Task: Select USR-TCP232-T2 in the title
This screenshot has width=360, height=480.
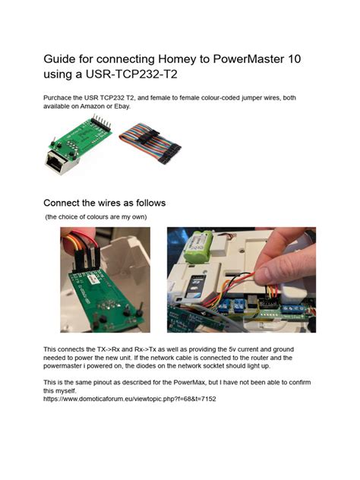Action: pyautogui.click(x=131, y=74)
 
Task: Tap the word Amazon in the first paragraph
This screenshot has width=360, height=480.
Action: pyautogui.click(x=92, y=106)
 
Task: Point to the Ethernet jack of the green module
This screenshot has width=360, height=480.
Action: pyautogui.click(x=59, y=163)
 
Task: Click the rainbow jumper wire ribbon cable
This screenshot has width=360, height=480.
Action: pyautogui.click(x=150, y=142)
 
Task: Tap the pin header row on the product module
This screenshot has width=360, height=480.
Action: pyautogui.click(x=101, y=122)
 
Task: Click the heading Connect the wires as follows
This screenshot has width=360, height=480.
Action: pyautogui.click(x=104, y=203)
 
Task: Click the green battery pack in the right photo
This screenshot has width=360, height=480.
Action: pyautogui.click(x=197, y=246)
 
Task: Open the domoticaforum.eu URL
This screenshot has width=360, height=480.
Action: pyautogui.click(x=129, y=399)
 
